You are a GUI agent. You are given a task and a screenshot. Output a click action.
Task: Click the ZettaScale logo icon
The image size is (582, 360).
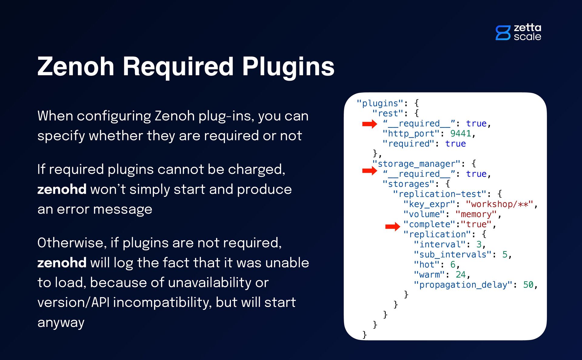503,33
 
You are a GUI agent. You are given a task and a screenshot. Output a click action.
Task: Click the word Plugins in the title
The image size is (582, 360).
288,66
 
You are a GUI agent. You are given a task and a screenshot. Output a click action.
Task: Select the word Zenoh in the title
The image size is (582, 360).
76,66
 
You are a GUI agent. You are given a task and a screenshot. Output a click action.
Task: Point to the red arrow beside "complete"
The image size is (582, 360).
393,226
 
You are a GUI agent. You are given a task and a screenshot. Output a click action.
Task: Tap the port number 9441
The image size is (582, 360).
460,133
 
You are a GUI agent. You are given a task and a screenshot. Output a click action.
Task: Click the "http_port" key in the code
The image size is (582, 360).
411,133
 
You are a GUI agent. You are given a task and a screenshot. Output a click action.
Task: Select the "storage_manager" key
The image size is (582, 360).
416,164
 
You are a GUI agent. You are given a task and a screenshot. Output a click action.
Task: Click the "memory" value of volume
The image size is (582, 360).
476,214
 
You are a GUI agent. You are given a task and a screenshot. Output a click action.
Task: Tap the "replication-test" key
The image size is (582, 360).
440,194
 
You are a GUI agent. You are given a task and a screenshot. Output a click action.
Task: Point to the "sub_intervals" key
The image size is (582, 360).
453,254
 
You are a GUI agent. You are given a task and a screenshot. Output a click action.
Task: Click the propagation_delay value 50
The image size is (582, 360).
528,285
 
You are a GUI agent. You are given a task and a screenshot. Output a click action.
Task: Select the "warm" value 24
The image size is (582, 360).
460,274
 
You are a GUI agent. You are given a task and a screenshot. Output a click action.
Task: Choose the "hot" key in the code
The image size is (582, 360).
426,264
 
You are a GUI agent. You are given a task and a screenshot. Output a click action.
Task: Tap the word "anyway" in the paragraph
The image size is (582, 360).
61,322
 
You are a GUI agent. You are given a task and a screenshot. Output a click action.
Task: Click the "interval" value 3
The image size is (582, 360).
479,244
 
